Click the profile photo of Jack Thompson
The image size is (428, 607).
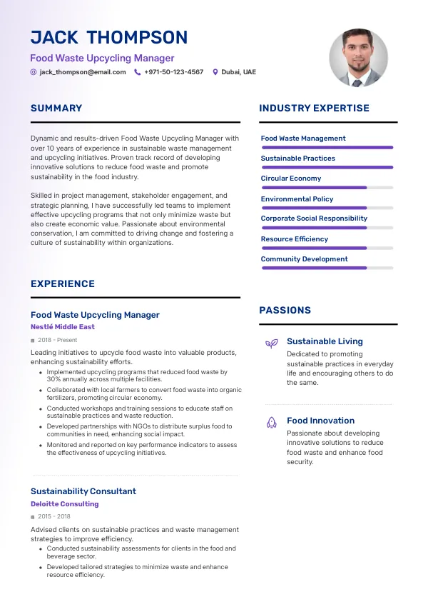[x=358, y=58]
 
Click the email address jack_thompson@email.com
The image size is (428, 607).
[x=83, y=72]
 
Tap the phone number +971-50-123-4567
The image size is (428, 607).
[x=173, y=72]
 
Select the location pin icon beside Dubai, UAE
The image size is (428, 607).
[x=215, y=72]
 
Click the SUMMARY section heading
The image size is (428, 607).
[x=56, y=109]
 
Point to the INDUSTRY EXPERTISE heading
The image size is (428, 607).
[x=314, y=109]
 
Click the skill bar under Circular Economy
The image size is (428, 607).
[x=327, y=188]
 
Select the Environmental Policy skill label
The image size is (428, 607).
[x=297, y=199]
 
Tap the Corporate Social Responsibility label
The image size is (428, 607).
[x=314, y=219]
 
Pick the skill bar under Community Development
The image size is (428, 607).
[x=327, y=268]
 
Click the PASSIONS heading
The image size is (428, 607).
[x=285, y=311]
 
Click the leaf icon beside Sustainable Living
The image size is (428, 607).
[x=271, y=343]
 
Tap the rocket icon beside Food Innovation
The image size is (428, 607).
[x=271, y=423]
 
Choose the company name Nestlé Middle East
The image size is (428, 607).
[x=63, y=327]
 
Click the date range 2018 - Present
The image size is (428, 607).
[x=57, y=341]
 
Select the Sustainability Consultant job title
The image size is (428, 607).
[x=83, y=491]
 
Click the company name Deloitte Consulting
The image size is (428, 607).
[x=64, y=504]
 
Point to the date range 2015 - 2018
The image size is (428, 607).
[x=54, y=516]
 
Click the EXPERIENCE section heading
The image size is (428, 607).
[x=63, y=284]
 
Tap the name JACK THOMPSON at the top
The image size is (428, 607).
[x=109, y=38]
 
